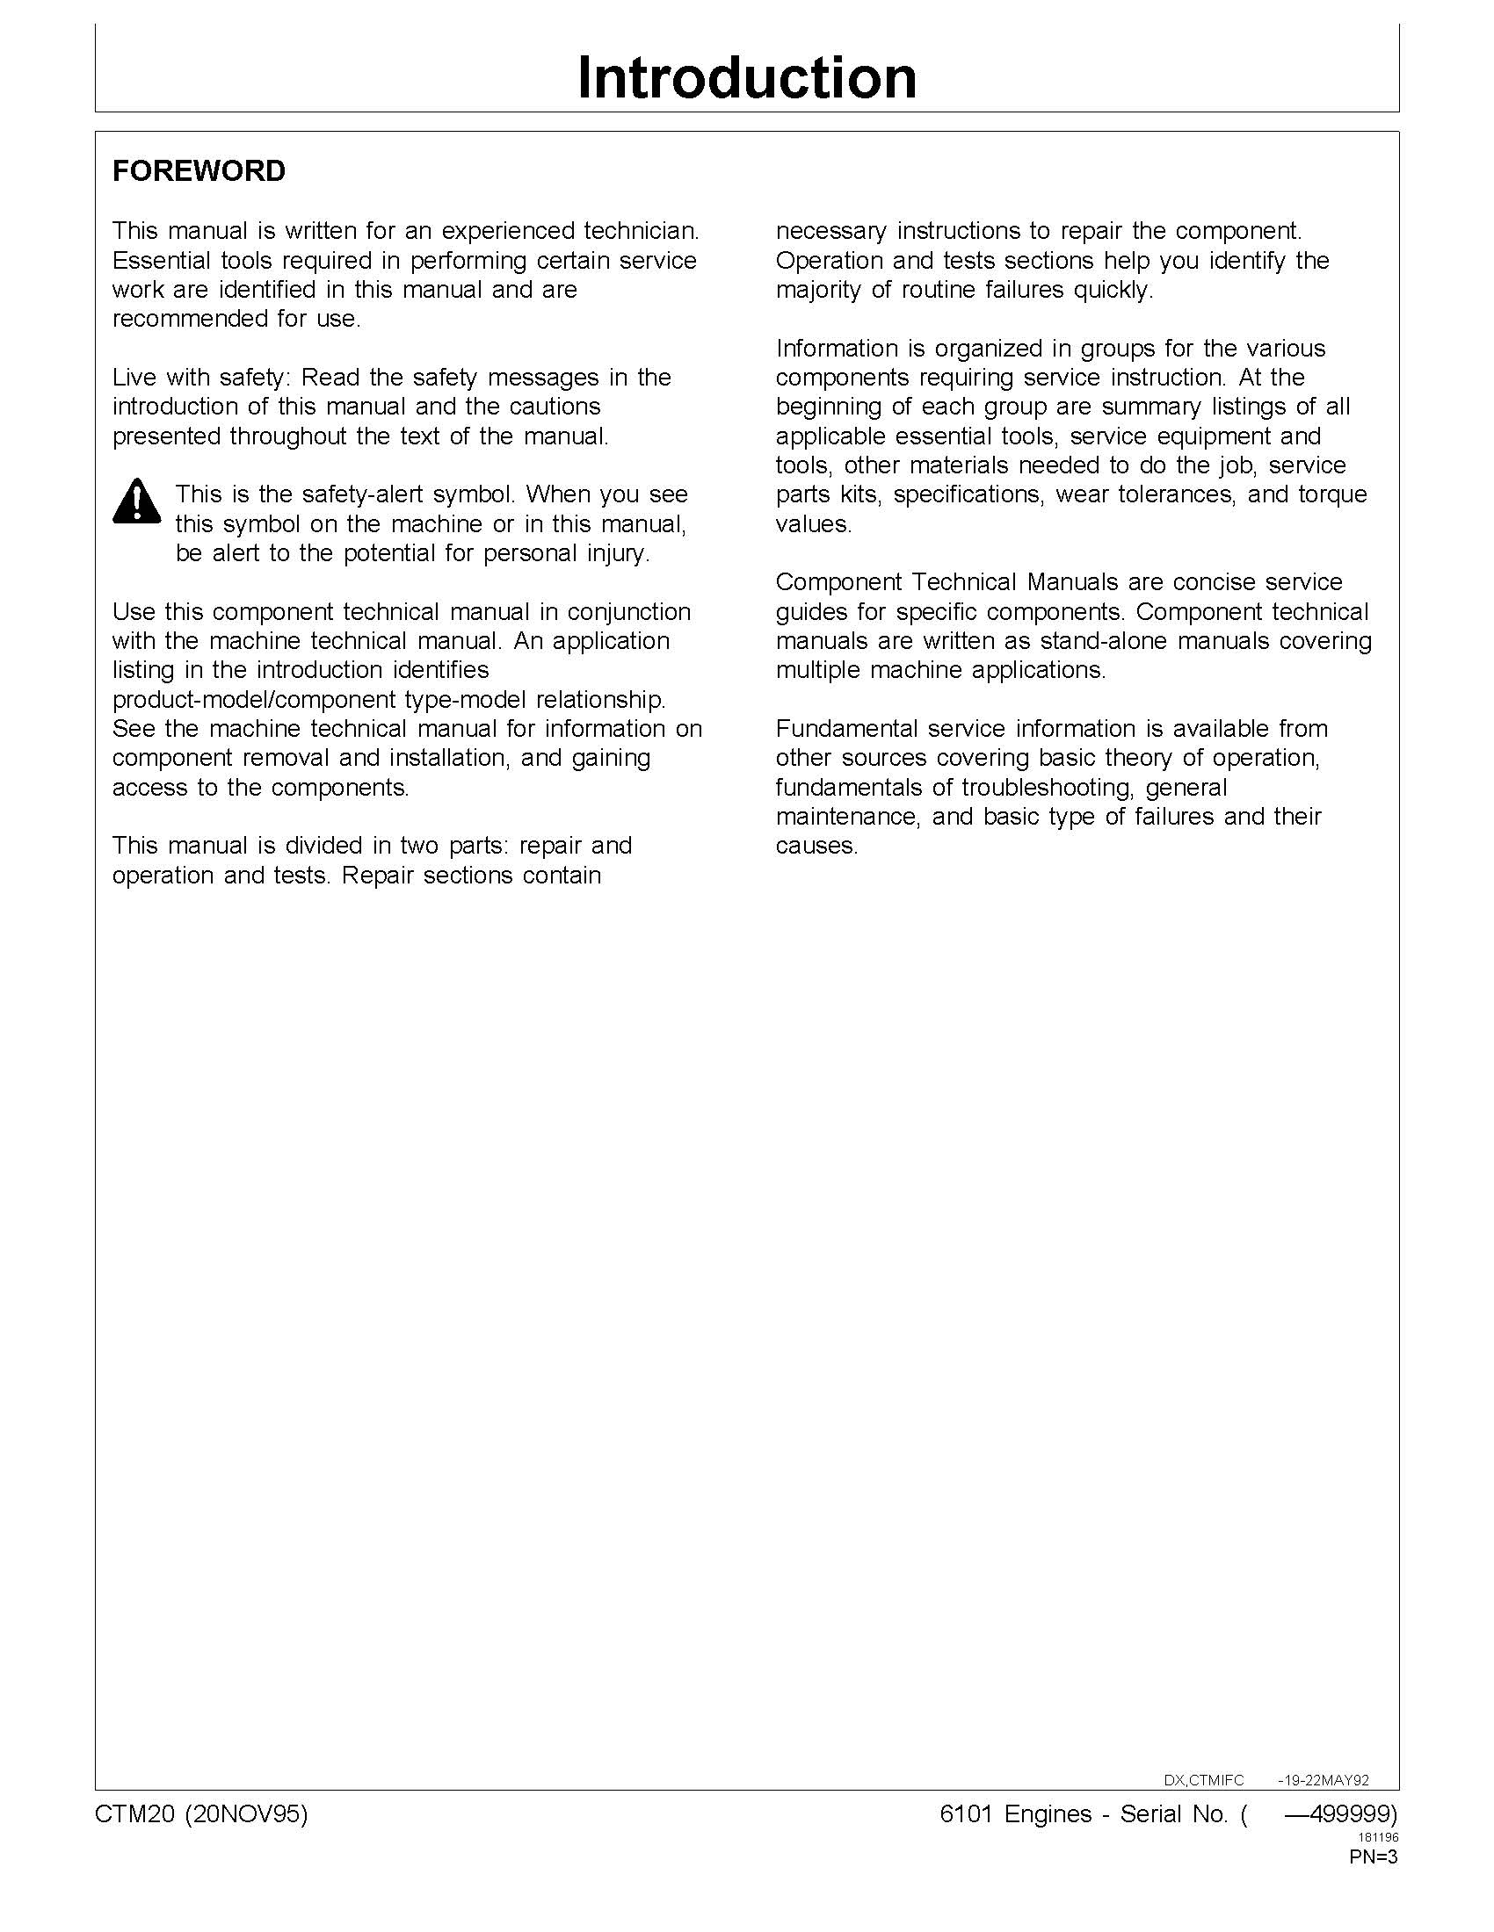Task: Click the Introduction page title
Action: pyautogui.click(x=746, y=78)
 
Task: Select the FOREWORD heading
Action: pyautogui.click(x=199, y=171)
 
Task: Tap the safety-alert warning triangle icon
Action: pyautogui.click(x=136, y=501)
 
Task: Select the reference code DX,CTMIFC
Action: pyautogui.click(x=1203, y=1780)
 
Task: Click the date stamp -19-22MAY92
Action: pyautogui.click(x=1324, y=1780)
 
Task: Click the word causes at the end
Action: pyautogui.click(x=816, y=847)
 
